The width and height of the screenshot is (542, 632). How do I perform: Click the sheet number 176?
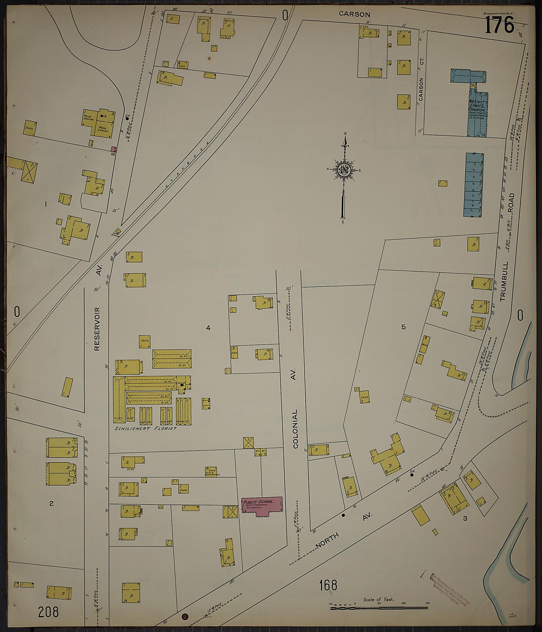499,26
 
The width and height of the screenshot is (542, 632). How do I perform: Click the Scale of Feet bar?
379,608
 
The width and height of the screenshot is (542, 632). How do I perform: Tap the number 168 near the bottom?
328,585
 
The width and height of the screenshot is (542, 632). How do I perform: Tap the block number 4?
208,328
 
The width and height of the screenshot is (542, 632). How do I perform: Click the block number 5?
404,327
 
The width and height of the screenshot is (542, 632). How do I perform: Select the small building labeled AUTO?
145,342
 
